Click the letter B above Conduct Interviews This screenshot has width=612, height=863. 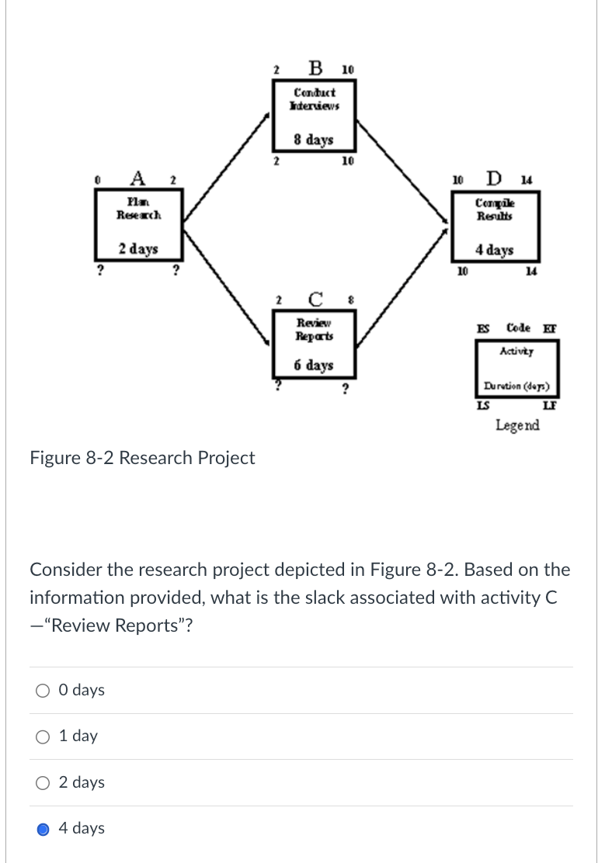[315, 68]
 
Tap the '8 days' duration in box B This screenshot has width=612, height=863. [314, 140]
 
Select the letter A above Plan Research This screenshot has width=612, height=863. [137, 178]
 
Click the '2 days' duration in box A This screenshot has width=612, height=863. [138, 249]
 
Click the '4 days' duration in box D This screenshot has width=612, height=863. [495, 250]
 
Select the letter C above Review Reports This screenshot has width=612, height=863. [315, 298]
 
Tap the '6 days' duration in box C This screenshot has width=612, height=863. [314, 365]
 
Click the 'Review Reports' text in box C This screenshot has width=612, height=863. [314, 330]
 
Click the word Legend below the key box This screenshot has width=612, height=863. [517, 425]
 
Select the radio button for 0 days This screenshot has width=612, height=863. [43, 691]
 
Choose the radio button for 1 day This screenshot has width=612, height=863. [43, 736]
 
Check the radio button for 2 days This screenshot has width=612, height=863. [43, 782]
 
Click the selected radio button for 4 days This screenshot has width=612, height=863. [43, 828]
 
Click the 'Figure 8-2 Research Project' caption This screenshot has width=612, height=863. [142, 458]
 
